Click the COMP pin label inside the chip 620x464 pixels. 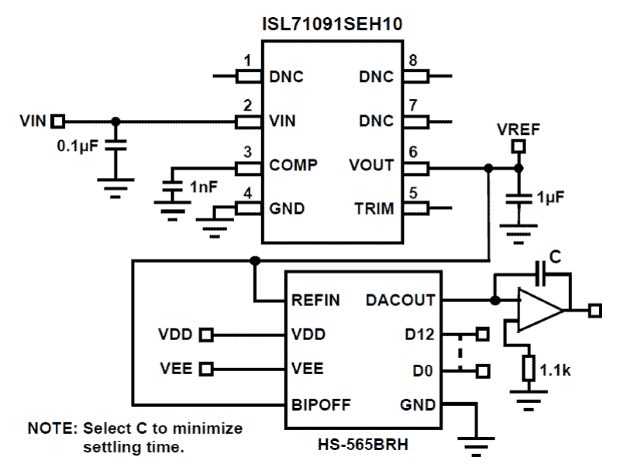point(294,165)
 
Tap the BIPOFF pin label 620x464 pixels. point(321,405)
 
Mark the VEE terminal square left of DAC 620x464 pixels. point(206,369)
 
